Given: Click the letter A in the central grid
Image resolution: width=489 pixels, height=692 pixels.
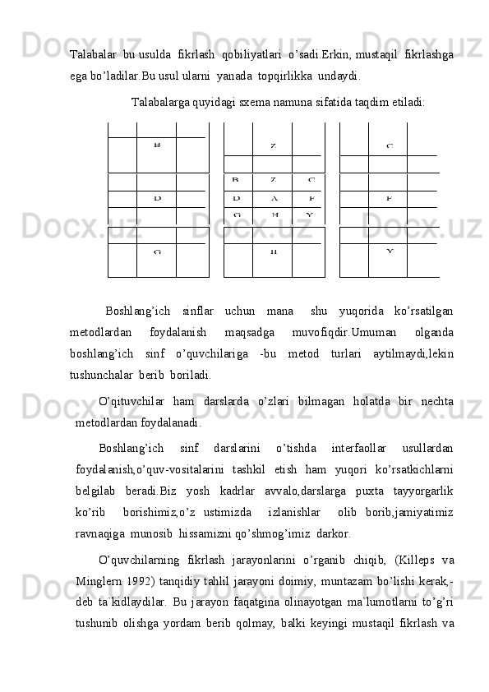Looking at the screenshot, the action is coord(274,198).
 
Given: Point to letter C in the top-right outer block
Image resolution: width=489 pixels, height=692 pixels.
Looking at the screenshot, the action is coord(390,146).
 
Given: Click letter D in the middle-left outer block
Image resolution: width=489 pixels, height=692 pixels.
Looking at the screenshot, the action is coord(156,198).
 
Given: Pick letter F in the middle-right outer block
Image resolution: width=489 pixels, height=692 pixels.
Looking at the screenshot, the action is coord(390,198).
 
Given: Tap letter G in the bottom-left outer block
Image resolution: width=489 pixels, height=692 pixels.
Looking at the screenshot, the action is coord(156,251).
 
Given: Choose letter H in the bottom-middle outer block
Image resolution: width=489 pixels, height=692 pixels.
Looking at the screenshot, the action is coord(274,251).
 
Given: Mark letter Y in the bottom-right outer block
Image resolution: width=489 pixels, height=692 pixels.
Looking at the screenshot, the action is coord(390,251).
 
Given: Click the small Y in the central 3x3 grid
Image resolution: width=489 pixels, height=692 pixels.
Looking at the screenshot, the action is coord(309,215).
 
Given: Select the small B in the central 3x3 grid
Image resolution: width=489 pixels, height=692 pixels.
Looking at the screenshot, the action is coord(236,179).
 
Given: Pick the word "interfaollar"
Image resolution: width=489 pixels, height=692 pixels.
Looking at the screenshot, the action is coord(359,448).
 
